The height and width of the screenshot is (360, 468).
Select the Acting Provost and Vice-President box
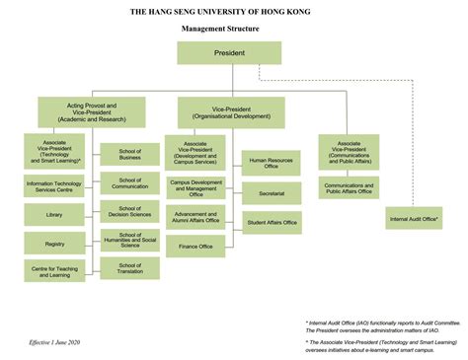pos(92,110)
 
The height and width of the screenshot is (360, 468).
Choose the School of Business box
pos(129,154)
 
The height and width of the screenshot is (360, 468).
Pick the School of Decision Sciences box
pos(129,211)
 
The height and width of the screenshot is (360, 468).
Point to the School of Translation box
pos(129,268)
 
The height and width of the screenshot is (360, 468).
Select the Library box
pos(54,214)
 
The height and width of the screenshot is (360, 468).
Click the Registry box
pos(54,243)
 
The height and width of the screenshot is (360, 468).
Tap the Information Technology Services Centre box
pos(54,184)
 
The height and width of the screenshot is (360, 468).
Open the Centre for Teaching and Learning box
pos(54,271)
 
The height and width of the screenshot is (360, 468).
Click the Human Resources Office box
pos(271,164)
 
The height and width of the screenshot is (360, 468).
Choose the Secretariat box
pos(271,194)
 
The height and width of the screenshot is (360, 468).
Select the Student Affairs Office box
pos(271,223)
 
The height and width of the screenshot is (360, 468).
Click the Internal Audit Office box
pos(413,219)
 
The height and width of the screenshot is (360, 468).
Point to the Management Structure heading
pos(234,29)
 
